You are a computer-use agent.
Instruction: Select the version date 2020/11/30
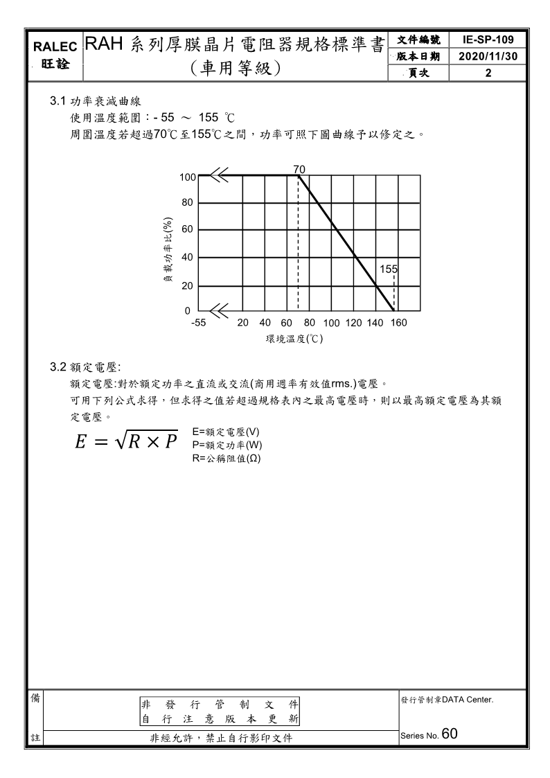coord(488,55)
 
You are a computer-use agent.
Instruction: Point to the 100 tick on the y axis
coord(188,177)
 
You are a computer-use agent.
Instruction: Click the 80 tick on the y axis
coord(187,203)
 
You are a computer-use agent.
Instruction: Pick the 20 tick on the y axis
coord(187,285)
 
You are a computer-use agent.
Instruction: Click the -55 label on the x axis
coord(199,323)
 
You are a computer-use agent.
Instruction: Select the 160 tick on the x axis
coord(398,323)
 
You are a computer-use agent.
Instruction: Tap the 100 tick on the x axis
coord(331,323)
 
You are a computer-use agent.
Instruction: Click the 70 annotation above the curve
coord(299,169)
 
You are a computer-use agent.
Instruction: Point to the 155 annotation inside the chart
coord(389,269)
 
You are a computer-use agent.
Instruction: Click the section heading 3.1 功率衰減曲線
coord(94,101)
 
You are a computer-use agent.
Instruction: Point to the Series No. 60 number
coord(449,734)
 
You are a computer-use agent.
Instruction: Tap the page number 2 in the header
coord(488,72)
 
